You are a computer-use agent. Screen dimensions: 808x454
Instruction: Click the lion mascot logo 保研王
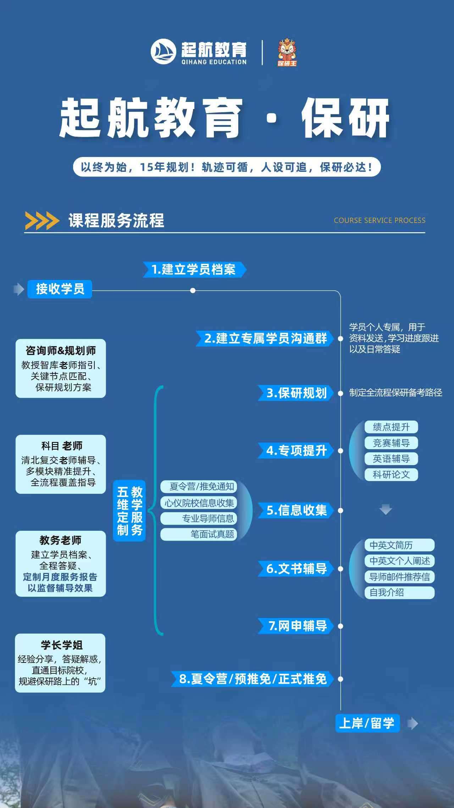[287, 53]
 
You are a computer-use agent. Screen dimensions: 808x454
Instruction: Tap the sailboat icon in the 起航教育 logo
[164, 52]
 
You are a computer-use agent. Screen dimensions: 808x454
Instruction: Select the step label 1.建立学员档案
[194, 269]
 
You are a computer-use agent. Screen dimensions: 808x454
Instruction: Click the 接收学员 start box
[60, 289]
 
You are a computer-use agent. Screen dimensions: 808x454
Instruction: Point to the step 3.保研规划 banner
[296, 393]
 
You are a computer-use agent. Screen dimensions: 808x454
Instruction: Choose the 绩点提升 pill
[391, 427]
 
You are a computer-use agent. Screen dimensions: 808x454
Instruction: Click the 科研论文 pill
[391, 474]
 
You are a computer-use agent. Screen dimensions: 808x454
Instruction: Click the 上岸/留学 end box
[367, 723]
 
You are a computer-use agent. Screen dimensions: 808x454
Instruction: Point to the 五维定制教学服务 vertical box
[129, 511]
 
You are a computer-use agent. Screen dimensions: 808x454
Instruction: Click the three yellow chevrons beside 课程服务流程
[42, 220]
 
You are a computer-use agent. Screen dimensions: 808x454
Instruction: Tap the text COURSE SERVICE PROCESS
[379, 220]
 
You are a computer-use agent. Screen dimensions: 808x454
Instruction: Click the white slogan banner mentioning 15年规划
[227, 167]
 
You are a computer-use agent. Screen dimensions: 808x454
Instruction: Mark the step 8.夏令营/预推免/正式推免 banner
[253, 679]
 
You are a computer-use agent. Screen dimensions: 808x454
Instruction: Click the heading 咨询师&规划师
[61, 351]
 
